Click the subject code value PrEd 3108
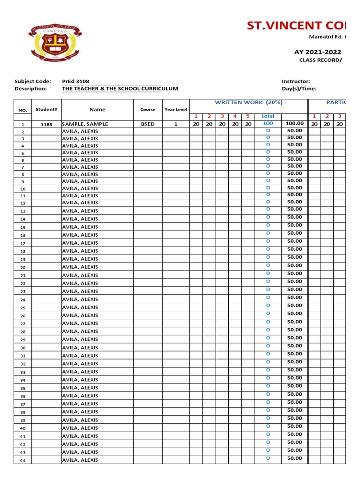(75, 81)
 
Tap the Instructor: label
(296, 81)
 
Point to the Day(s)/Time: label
(299, 89)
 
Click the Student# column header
(46, 109)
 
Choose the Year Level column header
(176, 110)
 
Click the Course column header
(148, 110)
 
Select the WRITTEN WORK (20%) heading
(248, 102)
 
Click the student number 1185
(46, 125)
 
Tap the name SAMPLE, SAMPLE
(85, 124)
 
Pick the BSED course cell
(148, 124)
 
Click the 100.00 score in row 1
(295, 124)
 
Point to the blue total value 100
(268, 124)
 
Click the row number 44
(23, 461)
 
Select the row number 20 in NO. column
(23, 268)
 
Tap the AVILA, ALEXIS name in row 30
(80, 347)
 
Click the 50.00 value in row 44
(294, 458)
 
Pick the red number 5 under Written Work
(248, 116)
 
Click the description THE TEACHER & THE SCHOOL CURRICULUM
(120, 89)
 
